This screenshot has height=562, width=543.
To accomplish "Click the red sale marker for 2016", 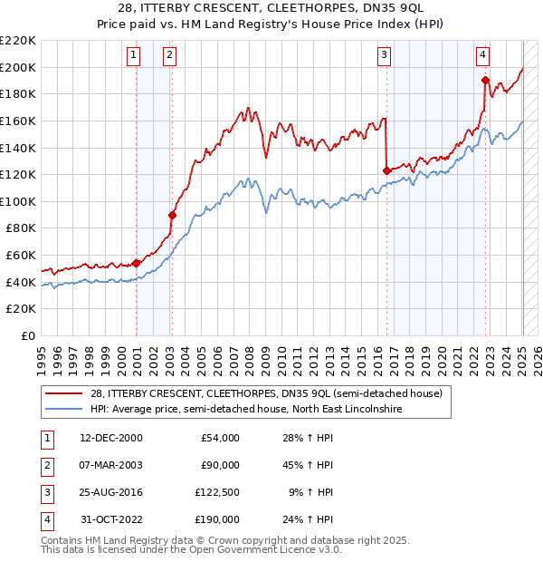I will (387, 170).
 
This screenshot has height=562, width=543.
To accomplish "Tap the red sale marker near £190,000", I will (486, 79).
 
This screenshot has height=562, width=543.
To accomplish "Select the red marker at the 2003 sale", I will (172, 215).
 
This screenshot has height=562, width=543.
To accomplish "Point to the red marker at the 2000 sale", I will (137, 263).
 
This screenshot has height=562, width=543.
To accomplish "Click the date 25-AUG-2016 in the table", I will (111, 493).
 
